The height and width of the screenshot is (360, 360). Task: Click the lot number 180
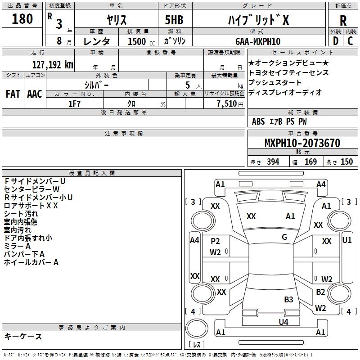tap(22, 19)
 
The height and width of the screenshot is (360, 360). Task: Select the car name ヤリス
tap(116, 20)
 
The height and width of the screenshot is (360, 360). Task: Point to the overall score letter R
tap(343, 21)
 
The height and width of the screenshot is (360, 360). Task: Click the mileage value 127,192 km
tap(53, 64)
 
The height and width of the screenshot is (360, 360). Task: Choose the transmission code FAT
tap(13, 94)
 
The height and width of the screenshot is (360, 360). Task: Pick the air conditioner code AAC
tap(34, 94)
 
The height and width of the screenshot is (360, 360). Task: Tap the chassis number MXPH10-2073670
tap(302, 143)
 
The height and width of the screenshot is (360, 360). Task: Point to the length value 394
tap(272, 162)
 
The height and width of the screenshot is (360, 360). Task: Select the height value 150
tap(346, 162)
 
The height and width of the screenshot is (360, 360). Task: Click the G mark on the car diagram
tap(284, 237)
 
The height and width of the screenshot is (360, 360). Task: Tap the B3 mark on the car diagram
tap(288, 299)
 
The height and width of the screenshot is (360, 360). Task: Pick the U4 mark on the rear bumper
tap(283, 322)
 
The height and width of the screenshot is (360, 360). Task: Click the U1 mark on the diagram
tap(347, 240)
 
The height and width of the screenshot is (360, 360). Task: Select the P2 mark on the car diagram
tap(215, 241)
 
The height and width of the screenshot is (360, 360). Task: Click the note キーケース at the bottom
tap(23, 336)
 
